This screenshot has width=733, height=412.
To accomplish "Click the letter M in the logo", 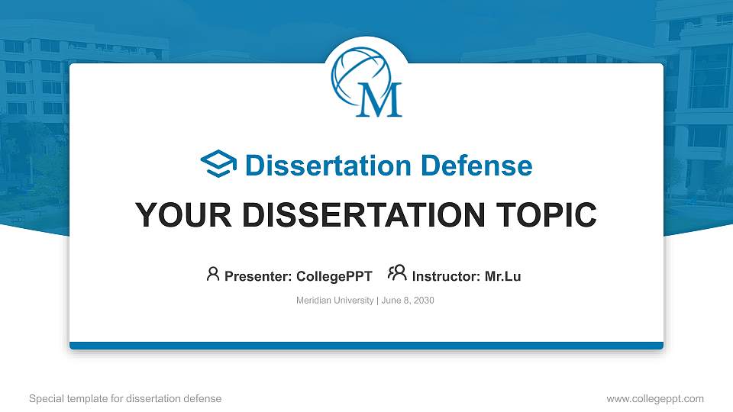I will [379, 100].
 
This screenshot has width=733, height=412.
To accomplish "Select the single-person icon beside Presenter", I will [213, 274].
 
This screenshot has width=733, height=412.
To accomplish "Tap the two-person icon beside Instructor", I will [397, 273].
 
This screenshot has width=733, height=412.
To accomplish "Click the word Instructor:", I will [447, 276].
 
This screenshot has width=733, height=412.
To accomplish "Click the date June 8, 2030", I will [407, 301].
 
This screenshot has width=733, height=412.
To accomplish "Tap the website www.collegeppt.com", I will [654, 398].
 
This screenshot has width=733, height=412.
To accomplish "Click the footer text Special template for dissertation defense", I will [125, 398].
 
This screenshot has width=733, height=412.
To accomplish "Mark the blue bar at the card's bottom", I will [366, 346].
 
